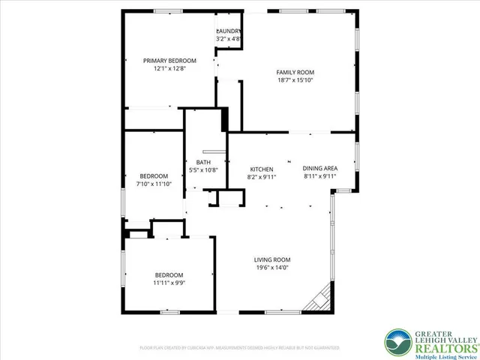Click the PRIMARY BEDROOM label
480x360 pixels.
pos(170,61)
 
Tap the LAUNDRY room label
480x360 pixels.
pos(228,31)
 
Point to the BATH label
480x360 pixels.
pos(203,162)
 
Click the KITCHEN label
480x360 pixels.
pos(262,169)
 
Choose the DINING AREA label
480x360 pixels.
pos(320,169)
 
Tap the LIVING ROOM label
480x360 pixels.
pos(271,259)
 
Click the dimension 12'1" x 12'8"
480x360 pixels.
pos(170,68)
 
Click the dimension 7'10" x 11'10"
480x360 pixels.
pos(154,184)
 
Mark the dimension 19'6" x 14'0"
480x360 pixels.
pos(271,268)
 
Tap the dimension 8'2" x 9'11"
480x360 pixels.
pos(262,177)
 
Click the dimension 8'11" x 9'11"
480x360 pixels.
pos(320,177)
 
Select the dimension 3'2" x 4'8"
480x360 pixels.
pos(228,38)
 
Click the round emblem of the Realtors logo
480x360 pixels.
pos(397,343)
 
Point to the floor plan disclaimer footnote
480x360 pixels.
pos(240,348)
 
